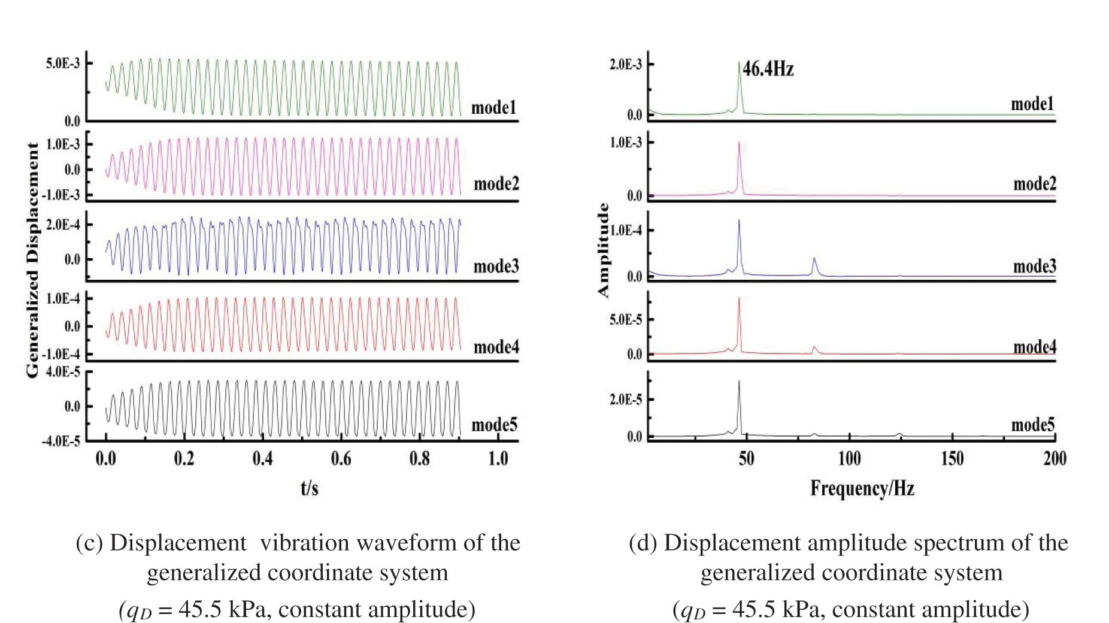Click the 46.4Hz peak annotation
tap(768, 69)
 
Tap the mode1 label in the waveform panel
tap(493, 108)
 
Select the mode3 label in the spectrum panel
tap(1034, 266)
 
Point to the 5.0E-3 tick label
tap(62, 63)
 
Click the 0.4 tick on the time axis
tap(262, 459)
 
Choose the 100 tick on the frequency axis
tap(849, 459)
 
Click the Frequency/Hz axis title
tap(862, 489)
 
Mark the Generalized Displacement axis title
tap(32, 259)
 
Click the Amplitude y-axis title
tap(603, 250)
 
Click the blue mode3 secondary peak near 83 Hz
tap(814, 259)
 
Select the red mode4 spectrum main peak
tap(740, 299)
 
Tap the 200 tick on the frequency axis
tap(1055, 459)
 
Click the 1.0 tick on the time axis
tap(498, 459)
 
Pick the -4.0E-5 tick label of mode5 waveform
tap(60, 442)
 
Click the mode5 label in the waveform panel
tap(494, 425)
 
